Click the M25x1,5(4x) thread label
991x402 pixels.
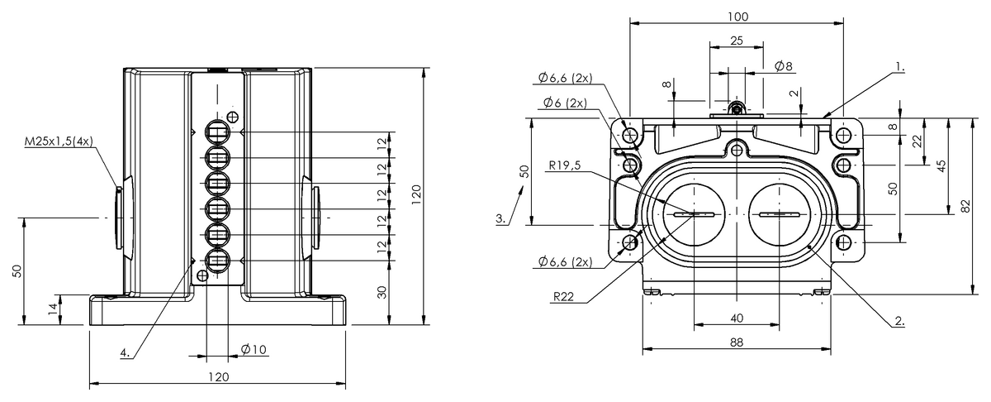tap(59, 141)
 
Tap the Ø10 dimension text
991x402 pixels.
tap(254, 349)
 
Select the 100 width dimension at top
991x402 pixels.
tap(738, 17)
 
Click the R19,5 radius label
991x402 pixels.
tap(565, 165)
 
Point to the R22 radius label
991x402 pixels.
tap(563, 296)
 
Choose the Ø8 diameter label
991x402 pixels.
tap(783, 66)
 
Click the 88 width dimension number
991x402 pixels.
tap(737, 342)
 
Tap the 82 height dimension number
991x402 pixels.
tap(965, 206)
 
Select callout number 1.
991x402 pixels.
tap(900, 67)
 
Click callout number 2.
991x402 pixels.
tap(899, 321)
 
